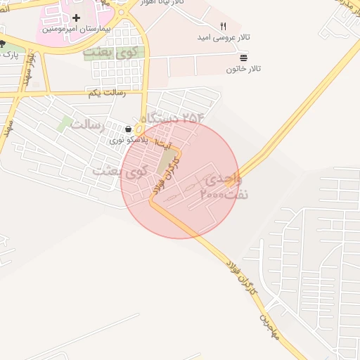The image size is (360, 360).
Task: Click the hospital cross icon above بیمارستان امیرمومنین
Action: [x=76, y=18]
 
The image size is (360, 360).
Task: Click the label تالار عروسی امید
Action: [x=234, y=37]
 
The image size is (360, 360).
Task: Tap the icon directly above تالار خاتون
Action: [x=243, y=56]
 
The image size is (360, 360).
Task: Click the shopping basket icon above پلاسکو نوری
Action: [x=128, y=129]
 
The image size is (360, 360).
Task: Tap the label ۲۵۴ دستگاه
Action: [x=173, y=118]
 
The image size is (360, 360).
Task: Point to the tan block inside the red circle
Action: [x=167, y=162]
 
